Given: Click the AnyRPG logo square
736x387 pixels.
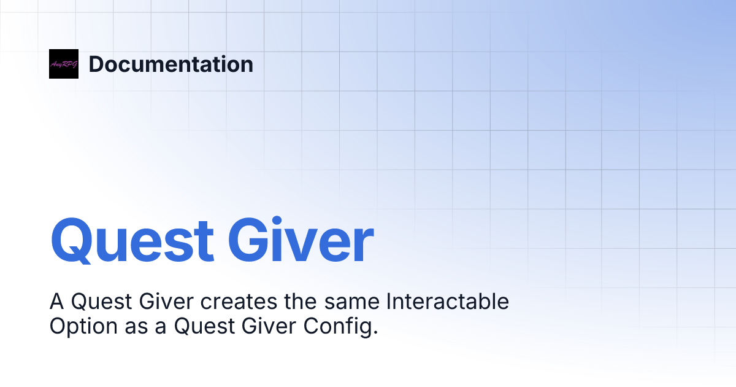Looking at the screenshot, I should point(64,64).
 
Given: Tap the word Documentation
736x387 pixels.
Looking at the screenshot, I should point(171,64).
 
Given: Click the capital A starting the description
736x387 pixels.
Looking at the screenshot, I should point(56,302).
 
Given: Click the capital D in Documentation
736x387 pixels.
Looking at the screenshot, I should point(96,64).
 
